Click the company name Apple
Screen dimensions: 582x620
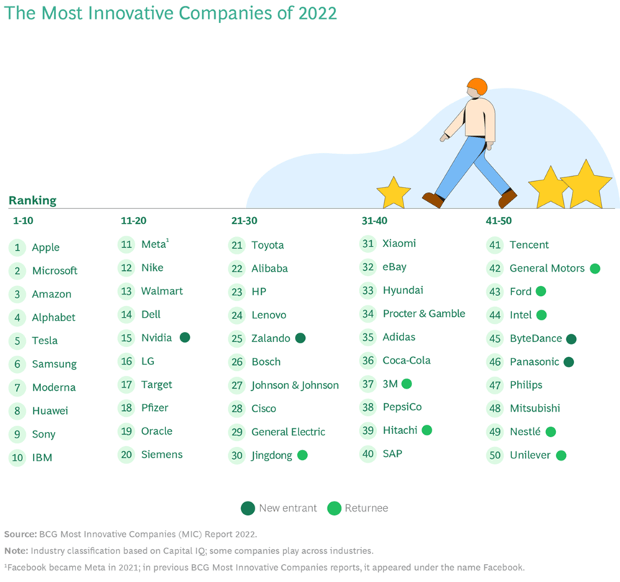pyautogui.click(x=45, y=247)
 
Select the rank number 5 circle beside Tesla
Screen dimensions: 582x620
pyautogui.click(x=17, y=341)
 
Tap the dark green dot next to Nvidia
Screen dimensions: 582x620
pyautogui.click(x=185, y=337)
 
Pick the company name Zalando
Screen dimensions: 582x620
pyautogui.click(x=270, y=338)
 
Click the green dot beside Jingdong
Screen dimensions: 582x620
pyautogui.click(x=302, y=455)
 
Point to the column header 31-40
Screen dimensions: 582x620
pyautogui.click(x=374, y=221)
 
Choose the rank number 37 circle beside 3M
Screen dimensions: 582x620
pyautogui.click(x=368, y=384)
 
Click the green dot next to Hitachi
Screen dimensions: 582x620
pyautogui.click(x=427, y=430)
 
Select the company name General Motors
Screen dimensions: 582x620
pyautogui.click(x=547, y=268)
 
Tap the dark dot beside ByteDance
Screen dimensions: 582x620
pyautogui.click(x=571, y=338)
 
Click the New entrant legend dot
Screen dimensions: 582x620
pyautogui.click(x=247, y=508)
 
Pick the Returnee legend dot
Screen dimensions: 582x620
pyautogui.click(x=333, y=508)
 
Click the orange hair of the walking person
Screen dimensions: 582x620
pyautogui.click(x=476, y=86)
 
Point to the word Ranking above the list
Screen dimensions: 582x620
pyautogui.click(x=32, y=200)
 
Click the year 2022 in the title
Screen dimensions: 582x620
pyautogui.click(x=316, y=14)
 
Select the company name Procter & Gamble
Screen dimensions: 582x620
pyautogui.click(x=424, y=313)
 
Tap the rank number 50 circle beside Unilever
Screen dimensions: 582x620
pyautogui.click(x=495, y=455)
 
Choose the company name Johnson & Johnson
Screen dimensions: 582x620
pyautogui.click(x=295, y=385)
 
